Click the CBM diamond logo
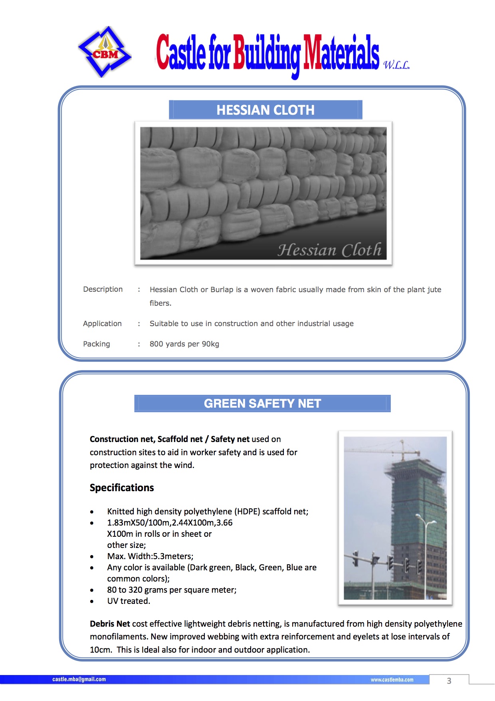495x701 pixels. (105, 52)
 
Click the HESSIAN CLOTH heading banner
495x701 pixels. (265, 110)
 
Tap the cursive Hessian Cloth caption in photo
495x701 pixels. (329, 250)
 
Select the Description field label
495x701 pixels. (103, 289)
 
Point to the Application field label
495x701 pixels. (102, 324)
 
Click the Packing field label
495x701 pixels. (96, 344)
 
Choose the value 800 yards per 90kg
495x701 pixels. (184, 344)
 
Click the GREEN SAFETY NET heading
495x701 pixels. (262, 404)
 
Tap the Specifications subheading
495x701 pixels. (122, 488)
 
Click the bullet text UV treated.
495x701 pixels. (129, 601)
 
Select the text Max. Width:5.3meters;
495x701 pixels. (150, 556)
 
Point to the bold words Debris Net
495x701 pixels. (110, 624)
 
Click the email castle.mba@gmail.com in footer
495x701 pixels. (79, 679)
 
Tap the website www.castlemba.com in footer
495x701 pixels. (392, 680)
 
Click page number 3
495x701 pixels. (449, 681)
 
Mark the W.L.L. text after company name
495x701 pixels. (396, 65)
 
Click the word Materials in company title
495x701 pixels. (341, 54)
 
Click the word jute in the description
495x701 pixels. (434, 290)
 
